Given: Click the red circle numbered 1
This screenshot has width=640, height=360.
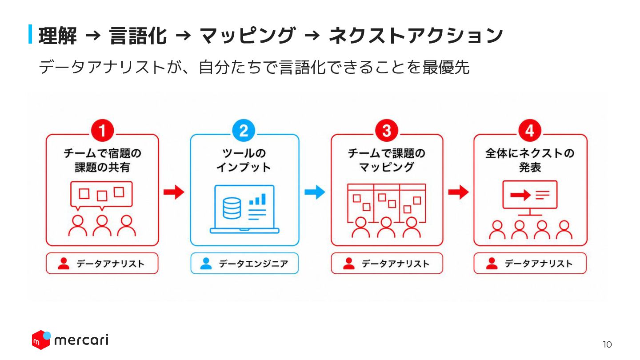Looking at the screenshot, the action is click(102, 131).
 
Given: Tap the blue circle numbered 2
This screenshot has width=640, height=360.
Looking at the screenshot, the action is click(244, 131).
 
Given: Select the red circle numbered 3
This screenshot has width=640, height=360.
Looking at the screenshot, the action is click(387, 131).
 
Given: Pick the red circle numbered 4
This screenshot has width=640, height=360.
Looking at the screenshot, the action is click(530, 131).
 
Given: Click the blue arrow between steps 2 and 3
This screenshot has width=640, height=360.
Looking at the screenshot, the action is click(315, 192).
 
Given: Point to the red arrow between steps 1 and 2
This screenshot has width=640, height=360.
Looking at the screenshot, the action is click(174, 192).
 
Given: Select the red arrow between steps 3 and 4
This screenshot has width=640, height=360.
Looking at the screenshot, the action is click(458, 192).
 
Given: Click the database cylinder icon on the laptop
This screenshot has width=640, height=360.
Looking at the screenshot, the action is click(232, 208).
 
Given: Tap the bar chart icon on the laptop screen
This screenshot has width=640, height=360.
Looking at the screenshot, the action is click(257, 199).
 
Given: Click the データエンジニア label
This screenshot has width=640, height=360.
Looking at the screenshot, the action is click(253, 264).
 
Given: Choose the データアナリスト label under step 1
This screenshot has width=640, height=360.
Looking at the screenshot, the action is click(110, 264).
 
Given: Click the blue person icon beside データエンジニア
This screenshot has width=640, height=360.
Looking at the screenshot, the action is click(206, 264).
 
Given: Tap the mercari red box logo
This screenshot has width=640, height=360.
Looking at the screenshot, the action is click(41, 340).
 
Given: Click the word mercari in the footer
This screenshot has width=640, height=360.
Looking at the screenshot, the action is click(81, 340).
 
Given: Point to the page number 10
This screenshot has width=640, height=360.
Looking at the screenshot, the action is click(607, 344).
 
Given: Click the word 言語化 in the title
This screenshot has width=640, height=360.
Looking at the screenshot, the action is click(138, 36).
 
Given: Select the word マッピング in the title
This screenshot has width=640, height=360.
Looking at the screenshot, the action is click(248, 36).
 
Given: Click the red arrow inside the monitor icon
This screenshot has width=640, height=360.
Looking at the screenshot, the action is click(520, 195).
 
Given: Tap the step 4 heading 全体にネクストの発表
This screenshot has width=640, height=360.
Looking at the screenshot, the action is click(530, 160).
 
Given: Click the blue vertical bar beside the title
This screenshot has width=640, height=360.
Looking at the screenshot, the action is click(30, 34).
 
